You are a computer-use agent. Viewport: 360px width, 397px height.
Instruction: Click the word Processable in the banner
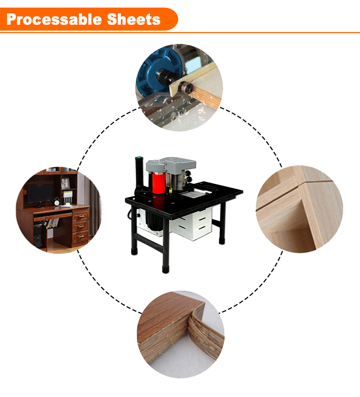54,19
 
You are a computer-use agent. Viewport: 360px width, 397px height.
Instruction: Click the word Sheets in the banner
134,19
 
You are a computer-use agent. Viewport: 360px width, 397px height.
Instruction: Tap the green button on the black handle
138,157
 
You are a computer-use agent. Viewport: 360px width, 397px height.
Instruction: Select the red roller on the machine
159,183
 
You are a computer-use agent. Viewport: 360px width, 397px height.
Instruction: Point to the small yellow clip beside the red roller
171,190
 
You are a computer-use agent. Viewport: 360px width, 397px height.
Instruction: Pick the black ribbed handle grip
139,173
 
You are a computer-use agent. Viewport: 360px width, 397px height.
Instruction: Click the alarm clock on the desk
57,202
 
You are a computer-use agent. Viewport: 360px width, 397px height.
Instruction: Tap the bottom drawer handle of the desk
81,236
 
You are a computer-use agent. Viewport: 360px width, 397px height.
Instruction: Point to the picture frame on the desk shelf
65,183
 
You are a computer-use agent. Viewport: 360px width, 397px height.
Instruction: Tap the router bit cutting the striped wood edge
186,87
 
